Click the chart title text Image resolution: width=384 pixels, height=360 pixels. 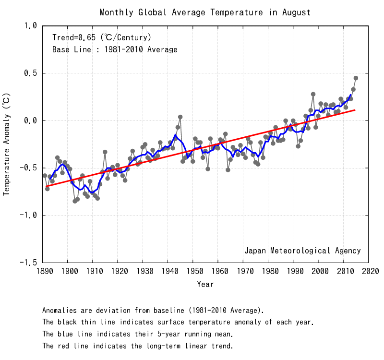tap(205, 12)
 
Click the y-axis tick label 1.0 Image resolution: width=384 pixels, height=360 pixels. tap(30, 26)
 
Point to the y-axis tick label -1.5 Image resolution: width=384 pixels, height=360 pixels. tap(28, 263)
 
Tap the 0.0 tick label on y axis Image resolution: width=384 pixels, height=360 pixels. tap(30, 121)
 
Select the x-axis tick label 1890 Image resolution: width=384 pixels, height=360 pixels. tap(43, 272)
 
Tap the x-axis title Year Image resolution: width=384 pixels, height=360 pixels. tap(205, 284)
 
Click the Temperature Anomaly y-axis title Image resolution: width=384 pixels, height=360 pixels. tap(7, 144)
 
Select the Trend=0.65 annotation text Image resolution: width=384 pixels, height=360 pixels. tap(102, 37)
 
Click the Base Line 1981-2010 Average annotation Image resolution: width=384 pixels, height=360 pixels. tap(115, 49)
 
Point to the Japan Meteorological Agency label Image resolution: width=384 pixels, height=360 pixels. tap(302, 251)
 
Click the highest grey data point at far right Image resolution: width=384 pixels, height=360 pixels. tap(356, 78)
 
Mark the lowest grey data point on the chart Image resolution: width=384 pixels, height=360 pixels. tap(75, 201)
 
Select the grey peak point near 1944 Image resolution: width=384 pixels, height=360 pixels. tap(180, 117)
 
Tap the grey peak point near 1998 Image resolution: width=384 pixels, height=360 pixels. tap(313, 94)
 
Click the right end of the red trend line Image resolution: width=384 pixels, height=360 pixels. tap(355, 110)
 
